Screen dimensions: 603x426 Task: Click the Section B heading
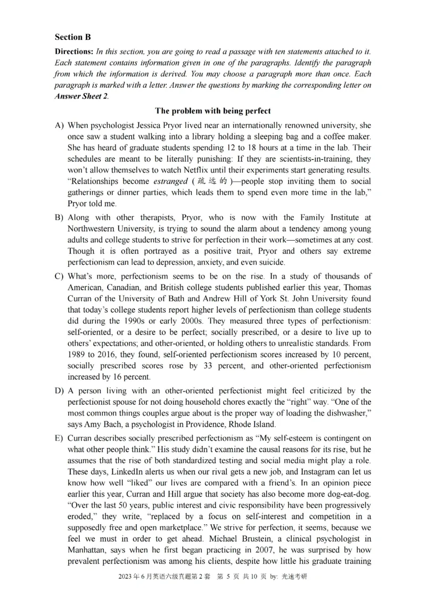(x=72, y=37)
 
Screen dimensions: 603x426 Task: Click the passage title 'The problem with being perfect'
(x=212, y=111)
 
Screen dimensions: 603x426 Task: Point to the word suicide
(x=271, y=263)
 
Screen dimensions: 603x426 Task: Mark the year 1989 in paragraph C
(x=77, y=354)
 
